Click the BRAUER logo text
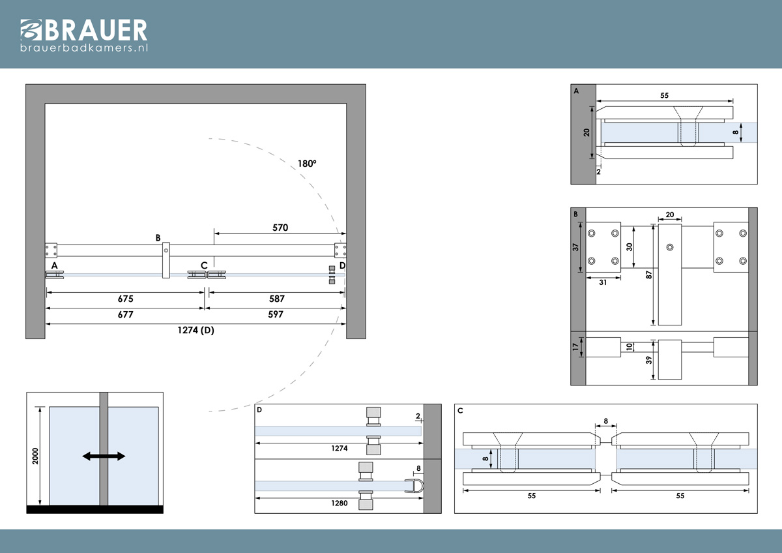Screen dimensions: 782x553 pyautogui.click(x=96, y=30)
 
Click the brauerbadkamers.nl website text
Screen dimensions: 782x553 pyautogui.click(x=84, y=48)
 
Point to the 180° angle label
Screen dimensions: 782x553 pyautogui.click(x=307, y=164)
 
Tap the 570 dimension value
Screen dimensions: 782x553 pyautogui.click(x=280, y=228)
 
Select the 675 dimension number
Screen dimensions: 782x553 pyautogui.click(x=125, y=299)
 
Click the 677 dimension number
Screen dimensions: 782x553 pyautogui.click(x=125, y=314)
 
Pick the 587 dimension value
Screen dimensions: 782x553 pyautogui.click(x=277, y=299)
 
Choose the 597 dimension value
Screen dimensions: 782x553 pyautogui.click(x=276, y=314)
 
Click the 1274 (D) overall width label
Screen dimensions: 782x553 pyautogui.click(x=195, y=330)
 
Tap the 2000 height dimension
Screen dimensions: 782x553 pyautogui.click(x=35, y=456)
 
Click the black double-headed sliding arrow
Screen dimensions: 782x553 pyautogui.click(x=104, y=456)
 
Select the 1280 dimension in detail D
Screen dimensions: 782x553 pyautogui.click(x=340, y=503)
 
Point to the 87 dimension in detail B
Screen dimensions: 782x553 pyautogui.click(x=648, y=275)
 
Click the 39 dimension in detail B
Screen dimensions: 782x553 pyautogui.click(x=648, y=360)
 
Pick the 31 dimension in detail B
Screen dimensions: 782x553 pyautogui.click(x=603, y=282)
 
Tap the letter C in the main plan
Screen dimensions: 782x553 pyautogui.click(x=204, y=265)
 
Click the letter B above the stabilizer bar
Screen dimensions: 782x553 pyautogui.click(x=158, y=238)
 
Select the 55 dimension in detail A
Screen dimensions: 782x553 pyautogui.click(x=664, y=95)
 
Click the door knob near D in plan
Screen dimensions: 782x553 pyautogui.click(x=332, y=275)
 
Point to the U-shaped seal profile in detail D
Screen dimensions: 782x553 pyautogui.click(x=414, y=486)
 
